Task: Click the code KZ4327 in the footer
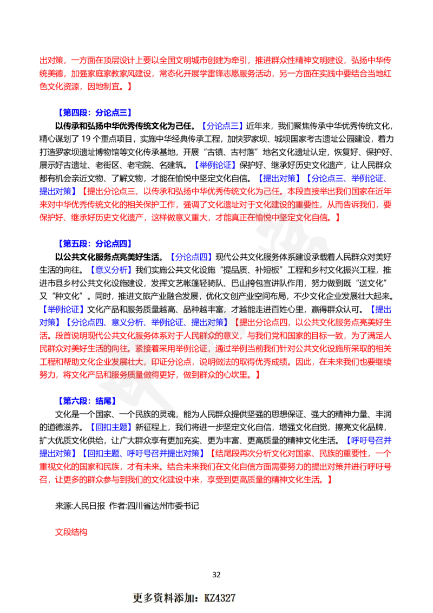[220, 598]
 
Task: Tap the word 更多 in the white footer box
[142, 598]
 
